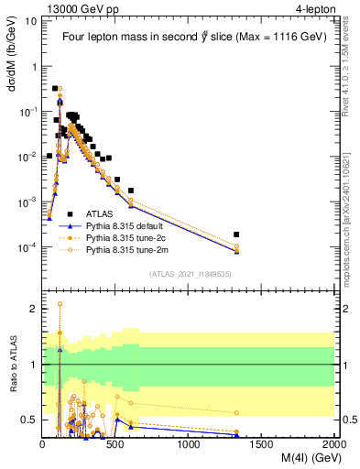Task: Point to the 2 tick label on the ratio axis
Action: point(34,310)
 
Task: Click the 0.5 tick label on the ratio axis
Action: point(30,420)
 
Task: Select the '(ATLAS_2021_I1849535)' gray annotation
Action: point(190,273)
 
